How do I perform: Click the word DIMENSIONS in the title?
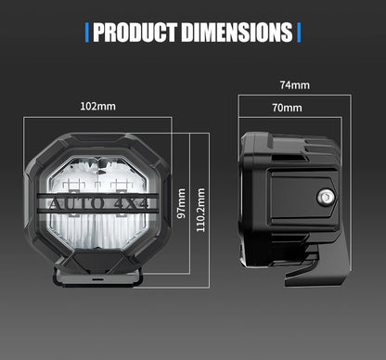238,34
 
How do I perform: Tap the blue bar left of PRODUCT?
87,34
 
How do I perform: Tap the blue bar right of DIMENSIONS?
299,34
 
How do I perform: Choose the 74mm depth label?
294,85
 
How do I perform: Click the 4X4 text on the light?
135,201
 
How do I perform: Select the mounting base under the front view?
96,276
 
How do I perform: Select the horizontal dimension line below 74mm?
294,96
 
